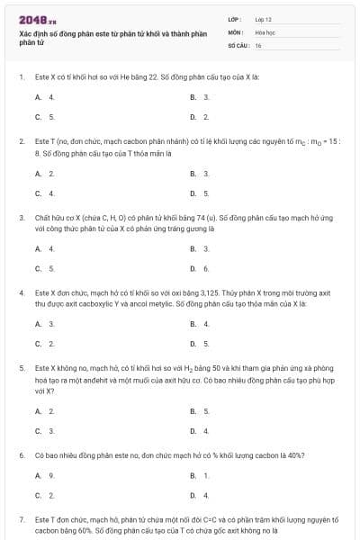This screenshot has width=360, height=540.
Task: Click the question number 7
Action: [x=22, y=520]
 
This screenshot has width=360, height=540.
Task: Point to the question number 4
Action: [x=22, y=293]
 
